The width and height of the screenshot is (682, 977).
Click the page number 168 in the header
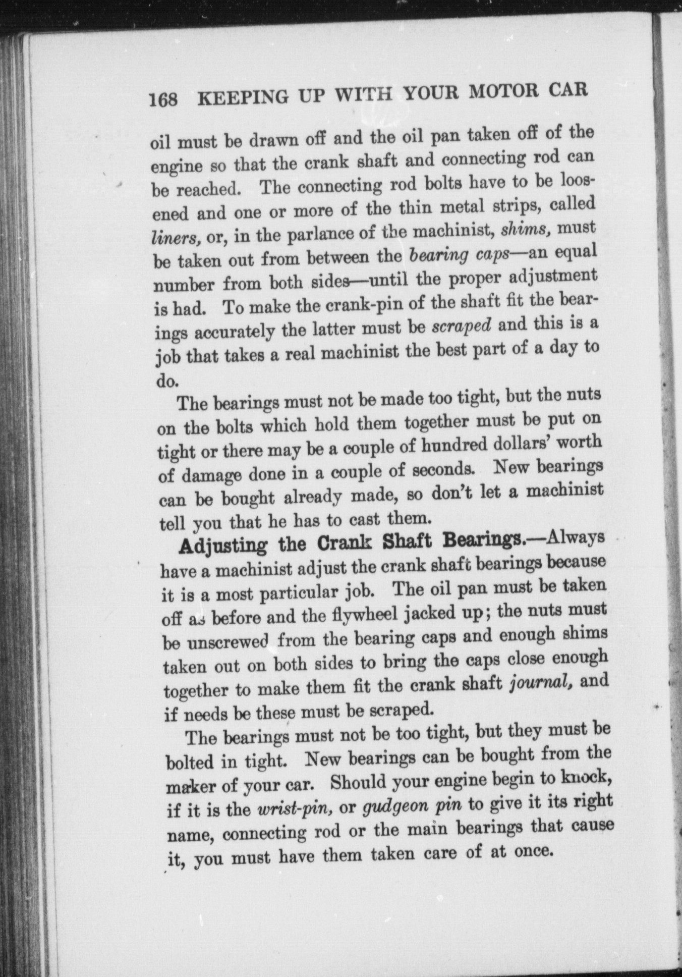point(163,99)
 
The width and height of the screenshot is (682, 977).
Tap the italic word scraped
point(462,325)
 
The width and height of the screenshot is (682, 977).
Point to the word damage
point(204,476)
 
